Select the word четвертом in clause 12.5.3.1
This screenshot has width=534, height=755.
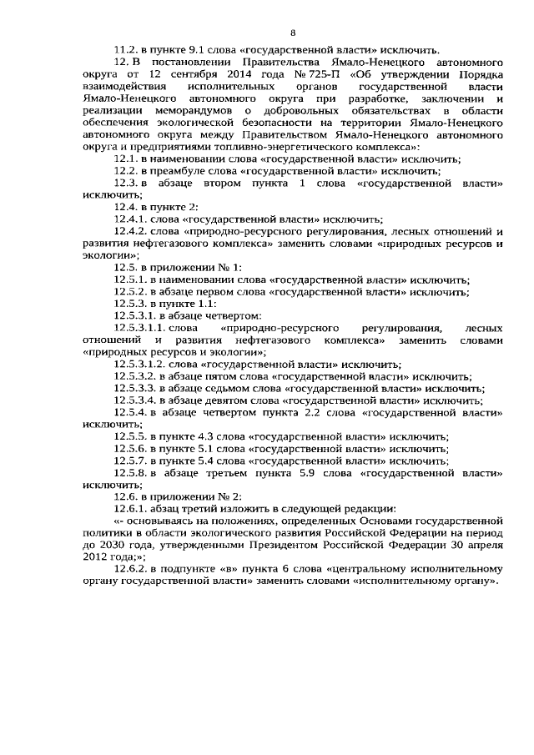click(x=234, y=316)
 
